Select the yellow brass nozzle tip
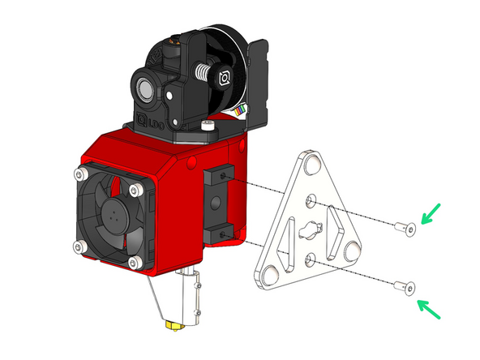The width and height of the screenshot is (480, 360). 172,324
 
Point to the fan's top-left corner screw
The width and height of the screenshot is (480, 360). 80,174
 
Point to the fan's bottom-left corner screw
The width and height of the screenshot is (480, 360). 78,246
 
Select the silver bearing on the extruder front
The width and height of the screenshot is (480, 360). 142,86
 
